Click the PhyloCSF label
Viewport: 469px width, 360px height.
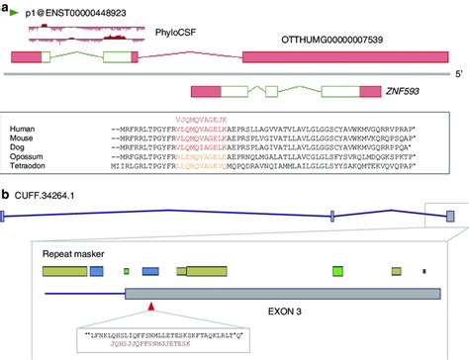pos(175,34)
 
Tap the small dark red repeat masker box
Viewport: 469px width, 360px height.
pos(424,270)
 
